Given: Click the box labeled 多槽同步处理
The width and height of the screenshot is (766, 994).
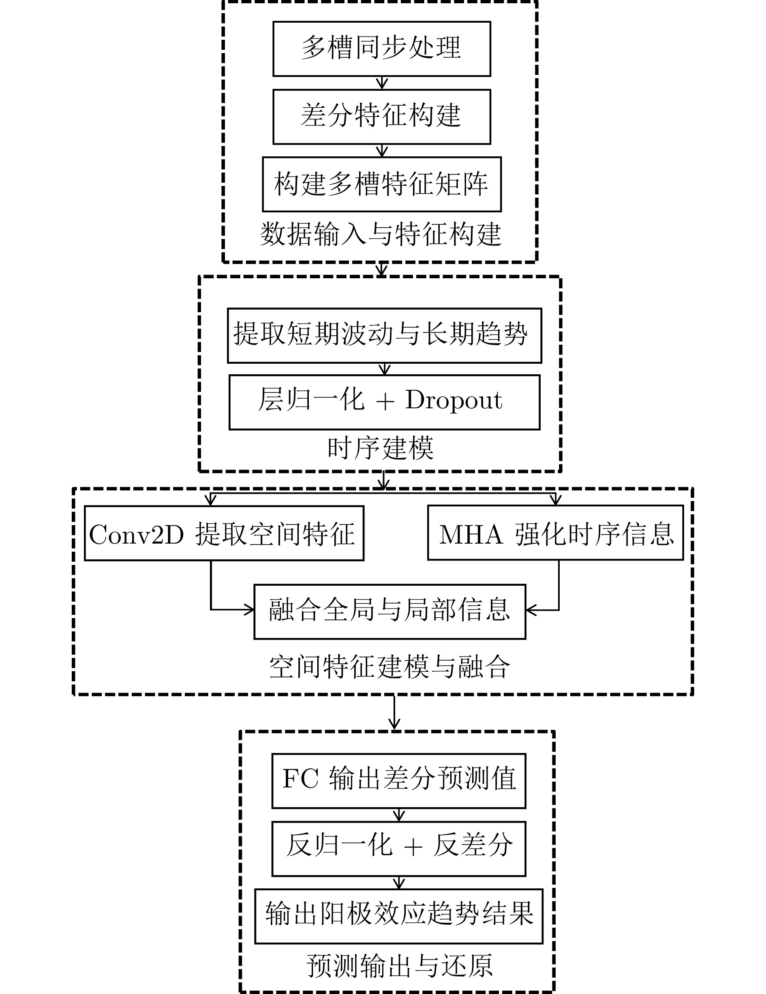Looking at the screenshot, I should [x=382, y=49].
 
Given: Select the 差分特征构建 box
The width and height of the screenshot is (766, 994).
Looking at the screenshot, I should [x=382, y=117].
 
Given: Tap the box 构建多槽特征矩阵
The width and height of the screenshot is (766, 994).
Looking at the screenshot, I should [x=382, y=184].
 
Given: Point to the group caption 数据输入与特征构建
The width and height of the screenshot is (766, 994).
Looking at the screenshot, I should [x=381, y=235].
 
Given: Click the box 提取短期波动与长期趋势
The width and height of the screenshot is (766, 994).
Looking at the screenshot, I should [x=384, y=335].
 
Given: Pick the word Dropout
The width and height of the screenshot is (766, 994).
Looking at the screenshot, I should [x=454, y=401].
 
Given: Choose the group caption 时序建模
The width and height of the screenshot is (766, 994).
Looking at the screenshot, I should [x=381, y=448].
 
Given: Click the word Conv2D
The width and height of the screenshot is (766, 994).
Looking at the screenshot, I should [x=136, y=534].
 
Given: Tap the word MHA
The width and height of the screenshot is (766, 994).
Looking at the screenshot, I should [x=471, y=534].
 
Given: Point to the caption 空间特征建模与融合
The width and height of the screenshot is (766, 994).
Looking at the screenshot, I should [x=389, y=667].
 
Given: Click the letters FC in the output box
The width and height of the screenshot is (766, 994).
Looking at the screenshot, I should [x=300, y=779].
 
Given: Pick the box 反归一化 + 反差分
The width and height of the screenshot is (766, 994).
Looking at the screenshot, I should [x=398, y=847].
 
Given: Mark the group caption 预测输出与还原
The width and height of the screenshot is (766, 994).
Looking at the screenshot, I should [x=399, y=966].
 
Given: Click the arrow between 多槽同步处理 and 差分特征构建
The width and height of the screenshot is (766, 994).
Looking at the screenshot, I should [x=382, y=83].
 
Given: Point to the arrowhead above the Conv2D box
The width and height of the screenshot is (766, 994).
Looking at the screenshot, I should [x=210, y=501].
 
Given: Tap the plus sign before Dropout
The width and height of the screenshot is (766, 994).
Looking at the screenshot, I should [x=385, y=402].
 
